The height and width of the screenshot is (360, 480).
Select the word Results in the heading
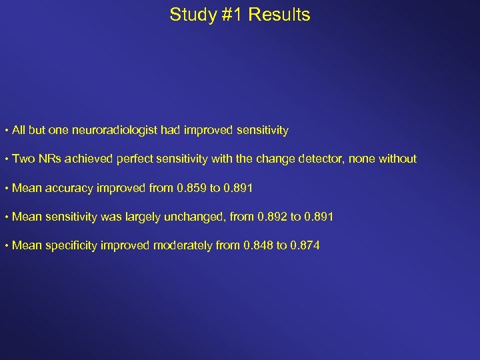click(x=280, y=15)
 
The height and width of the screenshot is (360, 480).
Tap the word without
click(x=397, y=159)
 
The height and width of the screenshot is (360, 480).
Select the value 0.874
click(x=304, y=246)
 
